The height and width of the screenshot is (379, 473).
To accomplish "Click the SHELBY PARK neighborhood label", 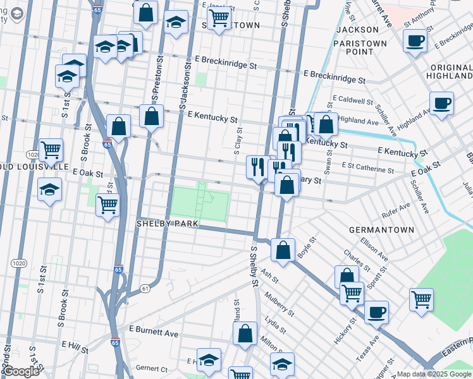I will tap(168, 224).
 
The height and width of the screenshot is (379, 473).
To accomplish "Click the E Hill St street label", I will tap(75, 345).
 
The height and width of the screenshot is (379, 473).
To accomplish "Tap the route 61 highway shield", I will tap(145, 288).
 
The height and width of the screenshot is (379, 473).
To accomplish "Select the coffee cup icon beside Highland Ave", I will tap(441, 102).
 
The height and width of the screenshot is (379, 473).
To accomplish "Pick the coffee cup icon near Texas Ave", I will tap(376, 311).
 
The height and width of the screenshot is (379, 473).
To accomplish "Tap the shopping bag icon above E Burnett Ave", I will tap(245, 333).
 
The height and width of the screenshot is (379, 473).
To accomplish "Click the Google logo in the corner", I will tap(20, 371).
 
